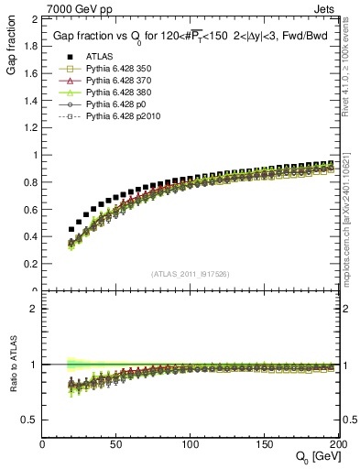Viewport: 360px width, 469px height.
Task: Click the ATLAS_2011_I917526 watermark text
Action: (190, 274)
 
